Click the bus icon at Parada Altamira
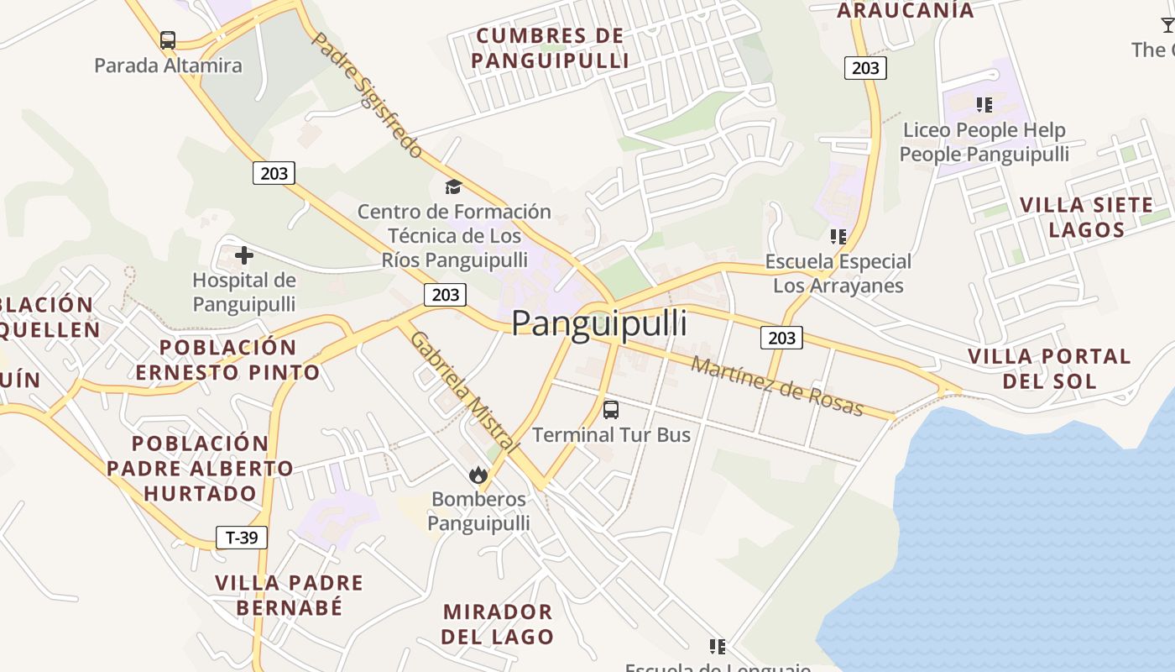[x=168, y=39]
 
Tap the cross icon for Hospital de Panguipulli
[x=244, y=255]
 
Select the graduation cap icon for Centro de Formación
[x=453, y=186]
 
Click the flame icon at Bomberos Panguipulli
[x=478, y=475]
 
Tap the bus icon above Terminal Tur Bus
[x=611, y=410]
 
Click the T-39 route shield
[x=242, y=538]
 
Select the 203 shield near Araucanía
[x=864, y=68]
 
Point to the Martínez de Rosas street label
[x=776, y=386]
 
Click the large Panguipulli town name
[x=599, y=323]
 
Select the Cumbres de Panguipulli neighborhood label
[x=550, y=48]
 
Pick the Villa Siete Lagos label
[x=1087, y=217]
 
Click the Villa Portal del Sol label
[x=1049, y=368]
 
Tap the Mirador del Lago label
[x=497, y=623]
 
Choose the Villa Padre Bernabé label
[x=289, y=594]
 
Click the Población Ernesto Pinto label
[x=227, y=360]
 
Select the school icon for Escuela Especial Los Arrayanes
[x=838, y=237]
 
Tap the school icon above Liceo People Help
[x=984, y=105]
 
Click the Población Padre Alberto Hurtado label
[x=200, y=468]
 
